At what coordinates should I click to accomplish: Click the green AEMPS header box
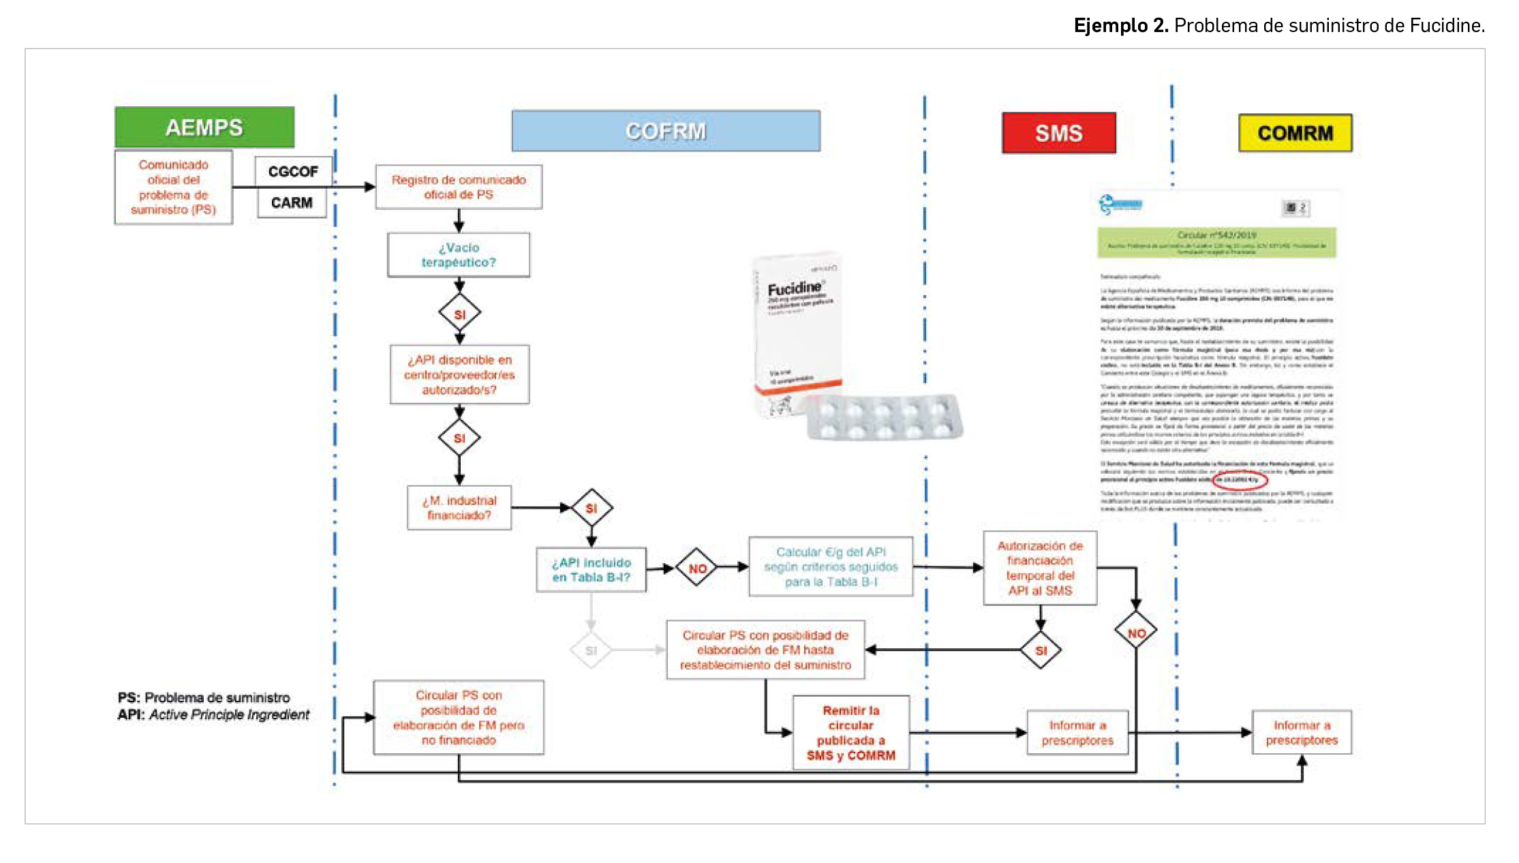[x=204, y=127]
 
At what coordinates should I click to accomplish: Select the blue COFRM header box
[x=666, y=131]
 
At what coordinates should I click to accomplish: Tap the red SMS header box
[x=1058, y=133]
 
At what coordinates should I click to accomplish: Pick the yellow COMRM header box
[x=1295, y=133]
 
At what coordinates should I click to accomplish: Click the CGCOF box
[x=293, y=171]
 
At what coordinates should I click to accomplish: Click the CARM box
[x=292, y=202]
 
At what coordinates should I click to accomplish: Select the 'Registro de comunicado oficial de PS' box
[x=459, y=187]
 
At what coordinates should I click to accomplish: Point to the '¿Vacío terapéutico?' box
[x=459, y=255]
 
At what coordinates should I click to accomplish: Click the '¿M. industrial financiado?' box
[x=459, y=508]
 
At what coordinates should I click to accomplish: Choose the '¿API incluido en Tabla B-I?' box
[x=591, y=570]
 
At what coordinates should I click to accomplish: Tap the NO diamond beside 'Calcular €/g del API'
[x=697, y=568]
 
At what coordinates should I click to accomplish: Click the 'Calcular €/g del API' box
[x=831, y=566]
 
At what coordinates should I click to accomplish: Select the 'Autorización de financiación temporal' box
[x=1040, y=568]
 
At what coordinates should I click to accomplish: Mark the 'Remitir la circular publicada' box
[x=850, y=733]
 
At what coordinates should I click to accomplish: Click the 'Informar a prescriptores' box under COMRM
[x=1302, y=733]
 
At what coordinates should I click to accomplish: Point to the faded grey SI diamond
[x=591, y=650]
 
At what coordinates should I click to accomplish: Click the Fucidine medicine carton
[x=796, y=327]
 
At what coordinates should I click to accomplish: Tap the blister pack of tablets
[x=885, y=417]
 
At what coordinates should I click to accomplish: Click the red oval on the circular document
[x=1240, y=480]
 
